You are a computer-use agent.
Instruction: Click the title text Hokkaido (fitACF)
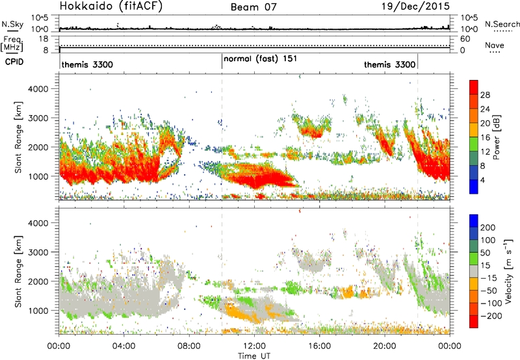[x=111, y=6]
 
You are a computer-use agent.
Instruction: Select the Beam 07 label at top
[x=253, y=7]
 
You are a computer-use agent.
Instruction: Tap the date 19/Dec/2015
[x=415, y=6]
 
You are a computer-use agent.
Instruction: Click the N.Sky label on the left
[x=12, y=24]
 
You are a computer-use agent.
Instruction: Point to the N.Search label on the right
[x=502, y=24]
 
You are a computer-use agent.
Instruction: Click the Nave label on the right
[x=495, y=45]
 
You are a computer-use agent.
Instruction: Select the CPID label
[x=14, y=62]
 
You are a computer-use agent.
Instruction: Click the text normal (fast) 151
[x=261, y=59]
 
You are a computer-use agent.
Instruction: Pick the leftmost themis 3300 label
[x=87, y=64]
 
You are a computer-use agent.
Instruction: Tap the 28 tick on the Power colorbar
[x=485, y=95]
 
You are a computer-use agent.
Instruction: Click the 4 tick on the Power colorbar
[x=483, y=180]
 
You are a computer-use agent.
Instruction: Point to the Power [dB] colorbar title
[x=497, y=137]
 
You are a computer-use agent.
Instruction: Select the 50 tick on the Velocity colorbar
[x=485, y=253]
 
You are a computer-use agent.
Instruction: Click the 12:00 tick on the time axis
[x=254, y=346]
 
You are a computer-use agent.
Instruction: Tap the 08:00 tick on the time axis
[x=189, y=346]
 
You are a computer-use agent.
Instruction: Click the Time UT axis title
[x=254, y=356]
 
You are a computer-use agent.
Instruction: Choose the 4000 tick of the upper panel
[x=38, y=89]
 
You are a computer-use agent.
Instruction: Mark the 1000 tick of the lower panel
[x=38, y=311]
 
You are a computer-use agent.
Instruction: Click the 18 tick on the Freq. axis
[x=44, y=39]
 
